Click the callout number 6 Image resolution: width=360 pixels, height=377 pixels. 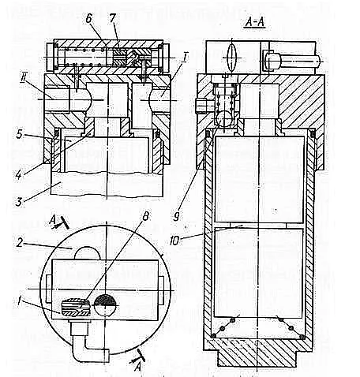point(88,19)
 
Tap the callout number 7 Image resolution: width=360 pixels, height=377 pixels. point(112,18)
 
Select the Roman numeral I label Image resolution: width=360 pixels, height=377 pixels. point(185,58)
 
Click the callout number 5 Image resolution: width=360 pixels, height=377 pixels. point(19,134)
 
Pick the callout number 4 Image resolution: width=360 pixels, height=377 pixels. point(18,174)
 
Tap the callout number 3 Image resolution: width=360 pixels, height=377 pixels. point(18,202)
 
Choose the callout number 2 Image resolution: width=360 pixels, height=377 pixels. point(20,243)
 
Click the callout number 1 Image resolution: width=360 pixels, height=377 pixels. point(19,300)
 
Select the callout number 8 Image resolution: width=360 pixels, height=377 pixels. point(145,216)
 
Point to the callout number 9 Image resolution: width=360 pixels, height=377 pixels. point(177,216)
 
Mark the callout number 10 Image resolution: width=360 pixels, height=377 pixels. point(175,240)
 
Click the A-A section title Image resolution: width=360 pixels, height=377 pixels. point(255,22)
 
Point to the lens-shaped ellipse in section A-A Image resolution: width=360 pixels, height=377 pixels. point(232,58)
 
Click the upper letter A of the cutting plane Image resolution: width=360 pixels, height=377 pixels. point(52,221)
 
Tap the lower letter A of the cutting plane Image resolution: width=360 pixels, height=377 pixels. point(137,367)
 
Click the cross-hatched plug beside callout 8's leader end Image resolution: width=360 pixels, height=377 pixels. point(76,308)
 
